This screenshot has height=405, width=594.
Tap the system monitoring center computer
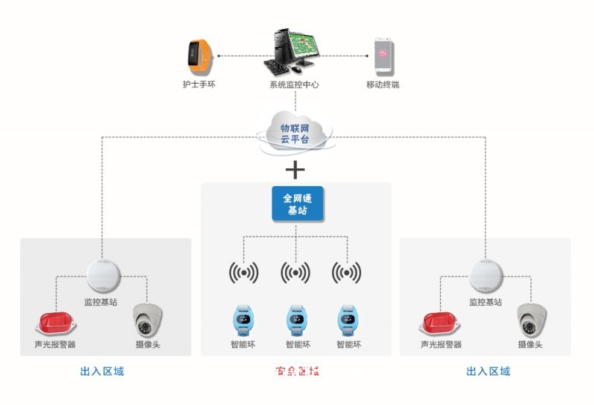pos(294,51)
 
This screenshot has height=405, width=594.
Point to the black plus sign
pos(296,170)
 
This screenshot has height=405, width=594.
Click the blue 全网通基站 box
pos(297,204)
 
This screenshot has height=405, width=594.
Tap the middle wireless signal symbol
pos(296,273)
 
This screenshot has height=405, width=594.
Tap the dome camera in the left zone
pos(146,320)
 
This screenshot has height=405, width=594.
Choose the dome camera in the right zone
pos(532,320)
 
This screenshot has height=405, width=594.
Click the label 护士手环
pos(199,85)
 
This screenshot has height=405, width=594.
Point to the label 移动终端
pos(382,85)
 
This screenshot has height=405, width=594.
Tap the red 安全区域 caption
pos(297,371)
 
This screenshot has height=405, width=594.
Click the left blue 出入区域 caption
pos(102,371)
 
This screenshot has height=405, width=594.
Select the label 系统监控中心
pos(294,85)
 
